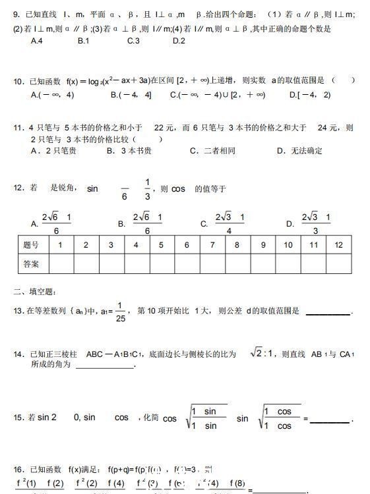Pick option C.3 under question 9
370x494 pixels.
coord(133,41)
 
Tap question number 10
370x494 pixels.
coord(18,81)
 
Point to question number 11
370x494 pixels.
coord(18,128)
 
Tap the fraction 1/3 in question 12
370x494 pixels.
coord(148,189)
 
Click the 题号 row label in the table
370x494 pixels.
coord(31,245)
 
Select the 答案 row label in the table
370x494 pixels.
coord(31,263)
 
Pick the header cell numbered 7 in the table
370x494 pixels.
coord(212,245)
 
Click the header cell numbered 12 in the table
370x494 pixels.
coord(338,245)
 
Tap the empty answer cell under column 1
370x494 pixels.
coord(61,263)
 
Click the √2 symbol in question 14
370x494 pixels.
coord(258,354)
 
